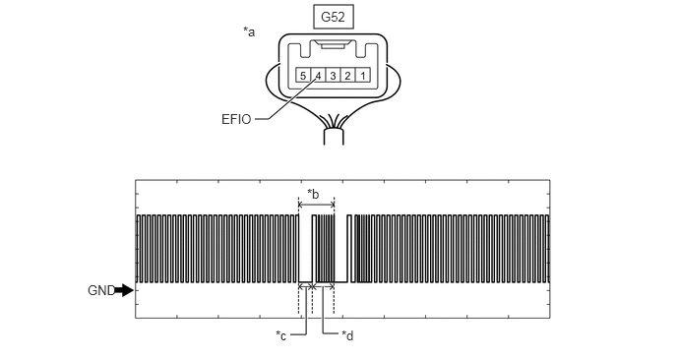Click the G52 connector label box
pyautogui.click(x=333, y=18)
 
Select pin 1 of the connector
pyautogui.click(x=363, y=76)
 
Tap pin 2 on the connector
pyautogui.click(x=348, y=76)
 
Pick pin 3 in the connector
pyautogui.click(x=333, y=76)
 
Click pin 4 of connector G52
pyautogui.click(x=318, y=76)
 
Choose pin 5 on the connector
pyautogui.click(x=303, y=76)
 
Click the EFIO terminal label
pyautogui.click(x=236, y=119)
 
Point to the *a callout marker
pyautogui.click(x=249, y=31)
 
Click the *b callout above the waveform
pyautogui.click(x=313, y=194)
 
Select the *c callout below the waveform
pyautogui.click(x=281, y=335)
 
